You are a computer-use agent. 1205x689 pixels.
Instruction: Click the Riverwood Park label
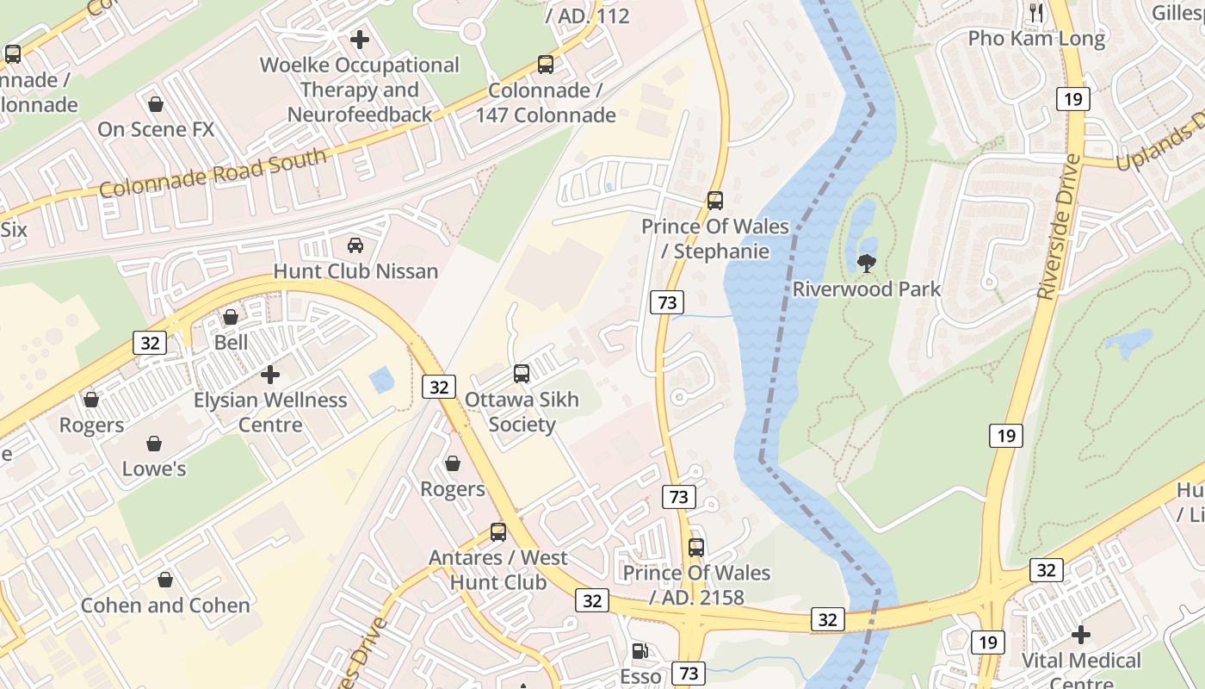click(867, 289)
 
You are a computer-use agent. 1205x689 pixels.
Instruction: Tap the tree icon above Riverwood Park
click(867, 264)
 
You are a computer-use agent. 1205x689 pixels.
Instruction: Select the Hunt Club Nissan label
click(355, 271)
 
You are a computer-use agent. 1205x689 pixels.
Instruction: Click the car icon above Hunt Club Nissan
click(355, 246)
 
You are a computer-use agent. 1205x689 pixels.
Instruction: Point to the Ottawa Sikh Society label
click(522, 412)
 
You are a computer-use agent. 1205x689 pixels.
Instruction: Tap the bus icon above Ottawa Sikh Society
click(522, 374)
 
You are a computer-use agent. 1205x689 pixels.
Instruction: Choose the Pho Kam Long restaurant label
click(1036, 39)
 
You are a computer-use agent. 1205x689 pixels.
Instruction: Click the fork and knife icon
click(1036, 12)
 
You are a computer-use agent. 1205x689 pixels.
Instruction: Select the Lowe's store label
click(154, 469)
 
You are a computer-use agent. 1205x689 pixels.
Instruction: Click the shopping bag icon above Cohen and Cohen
click(165, 580)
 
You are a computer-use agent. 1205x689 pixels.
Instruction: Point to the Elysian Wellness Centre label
click(270, 412)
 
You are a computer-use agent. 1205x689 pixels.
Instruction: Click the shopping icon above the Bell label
click(231, 317)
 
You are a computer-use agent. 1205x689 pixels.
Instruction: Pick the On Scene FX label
click(156, 129)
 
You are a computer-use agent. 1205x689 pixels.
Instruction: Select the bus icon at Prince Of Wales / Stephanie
click(715, 201)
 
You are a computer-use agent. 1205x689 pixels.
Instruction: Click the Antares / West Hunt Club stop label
click(498, 569)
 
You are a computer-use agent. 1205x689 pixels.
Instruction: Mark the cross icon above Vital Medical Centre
click(1081, 635)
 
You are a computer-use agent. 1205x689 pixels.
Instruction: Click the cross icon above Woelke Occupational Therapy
click(360, 40)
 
